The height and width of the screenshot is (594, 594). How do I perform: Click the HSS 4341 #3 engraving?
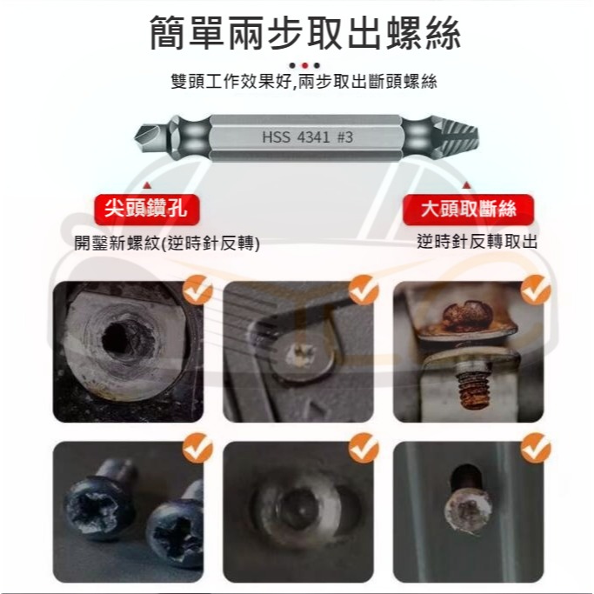click(307, 137)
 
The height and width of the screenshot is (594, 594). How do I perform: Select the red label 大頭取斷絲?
click(468, 210)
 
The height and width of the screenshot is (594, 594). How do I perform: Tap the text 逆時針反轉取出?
click(476, 242)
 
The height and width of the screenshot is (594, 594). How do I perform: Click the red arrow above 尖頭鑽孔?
click(147, 184)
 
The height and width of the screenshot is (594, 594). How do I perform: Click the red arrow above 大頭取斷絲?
click(467, 184)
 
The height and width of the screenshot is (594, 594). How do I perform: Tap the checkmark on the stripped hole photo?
click(198, 290)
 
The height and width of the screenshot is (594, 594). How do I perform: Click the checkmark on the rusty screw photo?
click(536, 290)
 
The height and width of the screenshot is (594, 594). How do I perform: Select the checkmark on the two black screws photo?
click(198, 450)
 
